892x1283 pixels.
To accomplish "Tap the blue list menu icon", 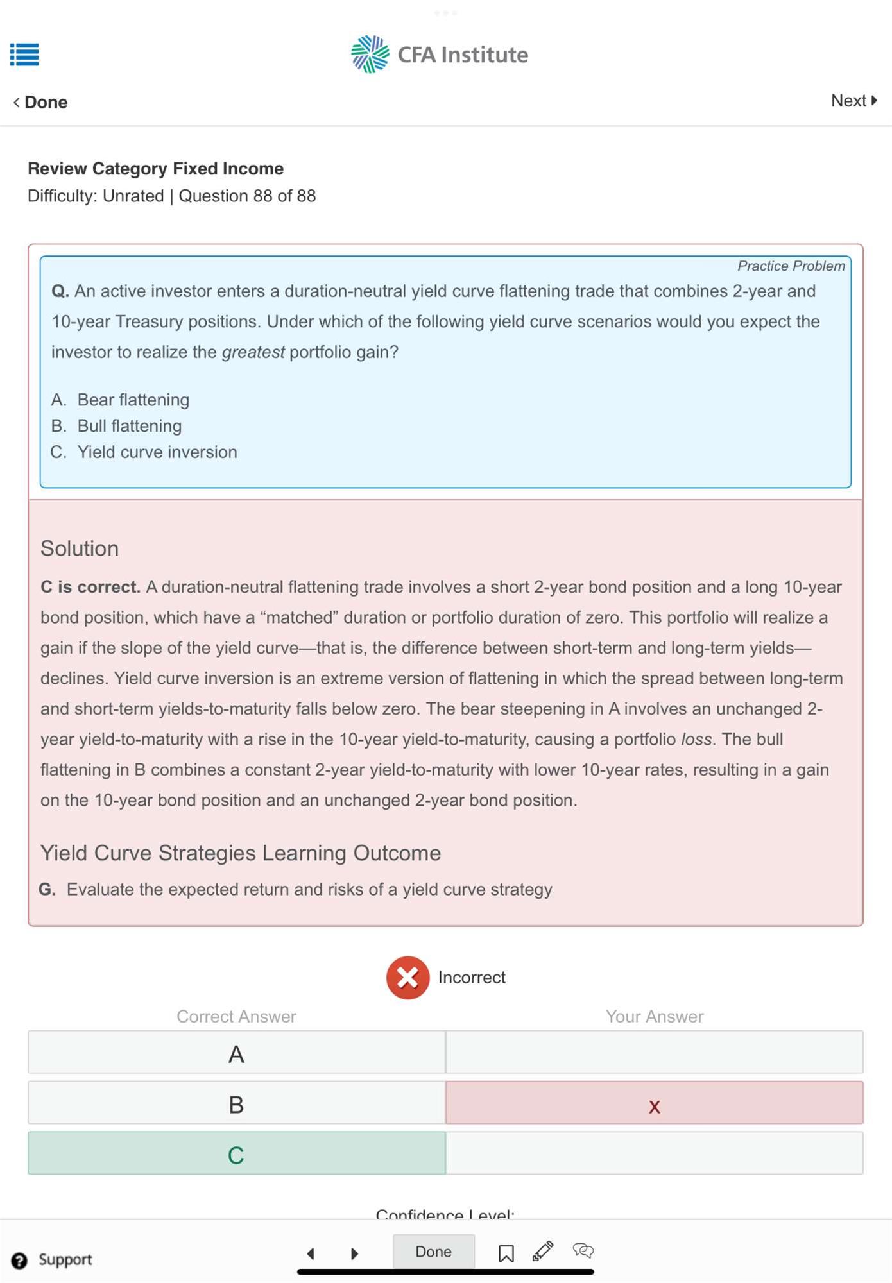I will click(x=24, y=55).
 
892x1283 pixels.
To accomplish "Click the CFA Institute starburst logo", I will click(x=370, y=55).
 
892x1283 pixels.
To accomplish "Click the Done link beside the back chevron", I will click(x=46, y=103).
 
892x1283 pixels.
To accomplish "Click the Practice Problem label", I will click(x=791, y=266).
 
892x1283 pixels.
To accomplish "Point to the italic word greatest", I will click(x=253, y=352).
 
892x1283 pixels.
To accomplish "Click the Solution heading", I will click(x=80, y=548).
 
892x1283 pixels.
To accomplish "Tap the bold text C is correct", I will click(x=90, y=587).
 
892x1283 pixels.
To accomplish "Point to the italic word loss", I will click(x=696, y=740).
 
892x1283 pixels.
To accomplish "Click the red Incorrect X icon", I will click(x=407, y=978).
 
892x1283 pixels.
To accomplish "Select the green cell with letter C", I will click(x=236, y=1155).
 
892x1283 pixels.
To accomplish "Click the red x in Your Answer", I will click(x=654, y=1105).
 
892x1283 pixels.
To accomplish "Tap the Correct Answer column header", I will click(x=236, y=1017).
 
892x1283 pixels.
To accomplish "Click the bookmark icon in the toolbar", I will click(x=506, y=1253).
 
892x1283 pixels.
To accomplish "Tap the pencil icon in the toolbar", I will click(x=543, y=1251).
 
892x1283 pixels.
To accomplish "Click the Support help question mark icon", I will click(x=20, y=1261).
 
